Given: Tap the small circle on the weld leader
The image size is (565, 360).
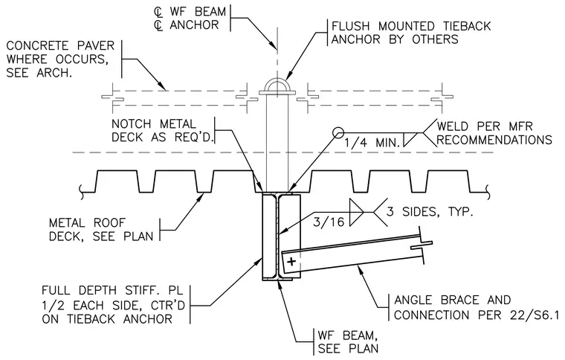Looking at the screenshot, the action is coord(338,133).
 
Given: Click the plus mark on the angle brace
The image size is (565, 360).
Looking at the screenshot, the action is coord(291,261).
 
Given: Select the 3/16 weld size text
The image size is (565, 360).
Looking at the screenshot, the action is coord(329,222).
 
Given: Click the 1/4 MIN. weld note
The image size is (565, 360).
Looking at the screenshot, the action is coord(372,143).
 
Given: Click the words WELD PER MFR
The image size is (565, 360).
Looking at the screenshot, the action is coord(485,126).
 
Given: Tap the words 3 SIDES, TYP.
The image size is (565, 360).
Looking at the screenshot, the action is coord(430,211).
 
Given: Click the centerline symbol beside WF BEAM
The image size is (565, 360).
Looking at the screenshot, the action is coord(158,12).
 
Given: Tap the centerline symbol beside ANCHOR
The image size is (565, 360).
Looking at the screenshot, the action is coord(158,25).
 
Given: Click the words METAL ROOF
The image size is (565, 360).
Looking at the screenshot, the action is coord(87,222).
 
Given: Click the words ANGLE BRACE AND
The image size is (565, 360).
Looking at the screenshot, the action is coord(453,300).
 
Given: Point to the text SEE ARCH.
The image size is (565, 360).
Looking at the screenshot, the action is coord(39,73).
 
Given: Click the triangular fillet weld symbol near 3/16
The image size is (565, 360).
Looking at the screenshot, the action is coord(357,212).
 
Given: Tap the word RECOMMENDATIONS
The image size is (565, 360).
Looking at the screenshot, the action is coord(494,140).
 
